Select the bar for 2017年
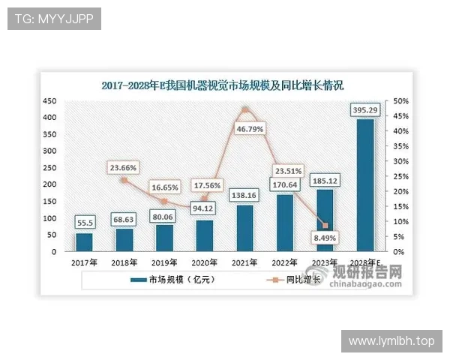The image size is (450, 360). [84, 242]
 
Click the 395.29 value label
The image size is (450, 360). [365, 111]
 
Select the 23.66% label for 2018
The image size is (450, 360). [124, 168]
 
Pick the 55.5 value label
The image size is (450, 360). [84, 223]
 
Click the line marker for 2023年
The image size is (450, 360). [325, 226]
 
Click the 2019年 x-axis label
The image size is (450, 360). [164, 263]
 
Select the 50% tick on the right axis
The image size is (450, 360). [400, 101]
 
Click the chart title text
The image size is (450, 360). [223, 85]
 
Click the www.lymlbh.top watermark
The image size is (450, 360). [391, 341]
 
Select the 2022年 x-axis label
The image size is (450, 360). [285, 263]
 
